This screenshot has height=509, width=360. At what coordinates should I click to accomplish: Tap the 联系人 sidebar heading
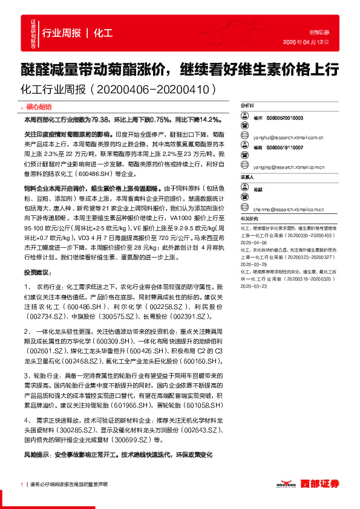247,177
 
